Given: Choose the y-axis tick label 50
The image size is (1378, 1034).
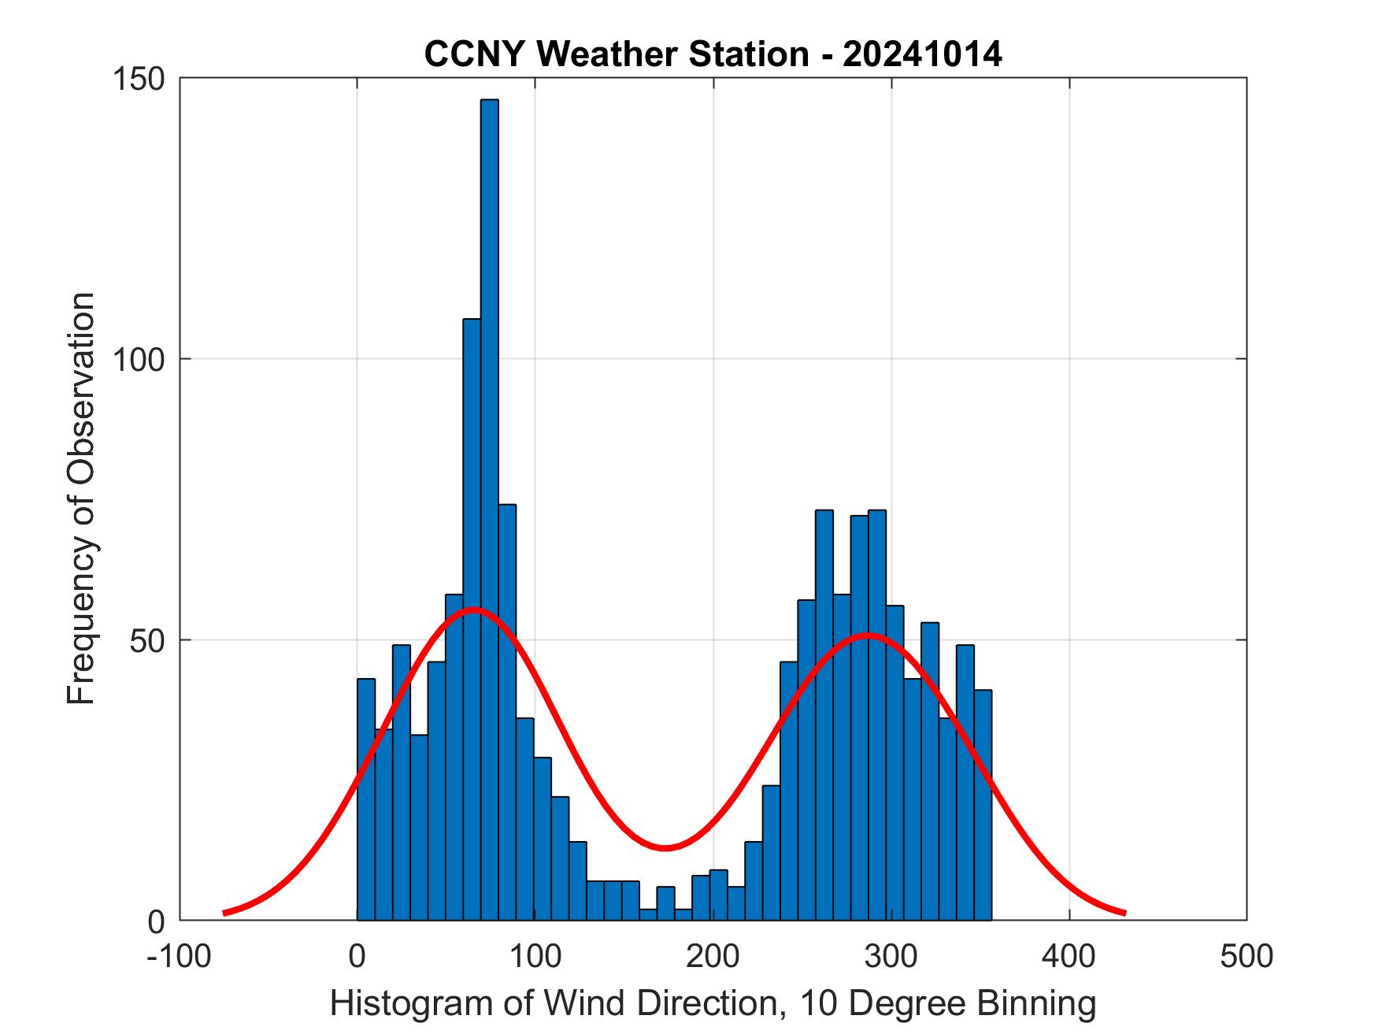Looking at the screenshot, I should tap(150, 640).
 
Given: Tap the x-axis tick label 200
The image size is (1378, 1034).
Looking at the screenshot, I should tap(713, 956).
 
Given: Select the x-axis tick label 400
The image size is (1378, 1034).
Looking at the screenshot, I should tap(1069, 956).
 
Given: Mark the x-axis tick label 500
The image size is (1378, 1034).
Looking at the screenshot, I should tap(1246, 956).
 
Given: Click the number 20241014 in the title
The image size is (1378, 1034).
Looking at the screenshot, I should tap(922, 54).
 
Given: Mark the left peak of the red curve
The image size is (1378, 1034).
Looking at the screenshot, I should tap(472, 610).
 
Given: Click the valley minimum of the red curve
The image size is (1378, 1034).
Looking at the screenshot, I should tap(665, 847).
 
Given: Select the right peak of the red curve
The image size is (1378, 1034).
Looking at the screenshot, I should tap(867, 635).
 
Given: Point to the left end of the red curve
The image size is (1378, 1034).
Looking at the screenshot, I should tap(224, 913).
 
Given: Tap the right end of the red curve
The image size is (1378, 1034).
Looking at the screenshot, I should tap(1125, 913).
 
